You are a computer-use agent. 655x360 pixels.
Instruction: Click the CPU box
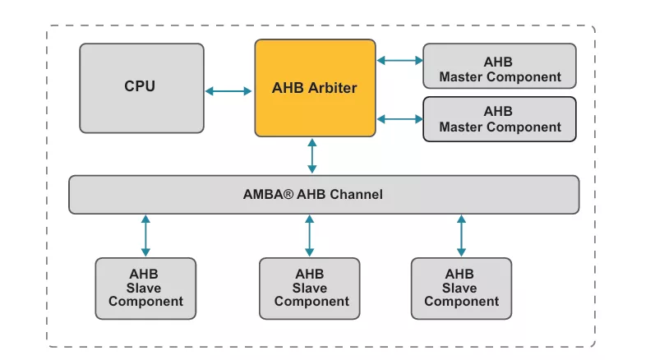coord(141,87)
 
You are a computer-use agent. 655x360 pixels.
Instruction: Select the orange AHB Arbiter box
coord(315,88)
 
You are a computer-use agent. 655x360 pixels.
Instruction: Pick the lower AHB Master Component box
coord(500,119)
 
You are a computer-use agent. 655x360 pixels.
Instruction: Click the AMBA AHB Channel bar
coord(323,195)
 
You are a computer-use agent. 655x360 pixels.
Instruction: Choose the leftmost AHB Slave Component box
coord(145,288)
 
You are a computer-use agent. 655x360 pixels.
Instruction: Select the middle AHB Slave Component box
coord(309,288)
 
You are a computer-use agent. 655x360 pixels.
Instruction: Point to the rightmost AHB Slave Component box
coord(461,288)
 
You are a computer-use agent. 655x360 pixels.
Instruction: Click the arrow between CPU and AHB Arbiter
coord(229,90)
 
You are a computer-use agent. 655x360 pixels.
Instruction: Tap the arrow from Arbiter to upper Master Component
coord(399,60)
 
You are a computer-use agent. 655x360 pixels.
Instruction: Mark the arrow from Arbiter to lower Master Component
coord(399,119)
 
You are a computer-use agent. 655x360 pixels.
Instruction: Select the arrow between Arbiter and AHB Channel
coord(312,156)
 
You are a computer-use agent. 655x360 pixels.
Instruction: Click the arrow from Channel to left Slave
coord(145,236)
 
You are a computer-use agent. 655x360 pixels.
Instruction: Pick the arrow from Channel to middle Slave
coord(309,236)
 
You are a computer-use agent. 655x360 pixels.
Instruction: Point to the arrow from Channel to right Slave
coord(461,236)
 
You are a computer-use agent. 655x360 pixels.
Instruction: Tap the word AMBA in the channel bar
coord(264,195)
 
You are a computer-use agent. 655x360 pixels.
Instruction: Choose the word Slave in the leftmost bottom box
coord(145,288)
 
